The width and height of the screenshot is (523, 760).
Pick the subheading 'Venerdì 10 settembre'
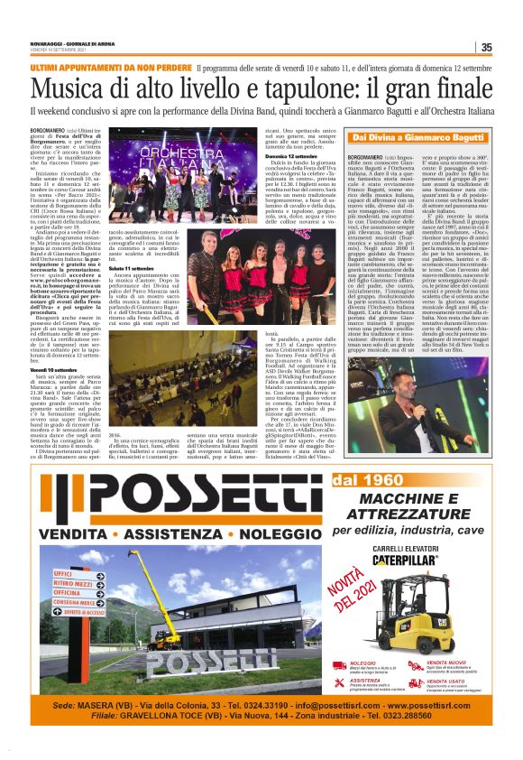click(x=55, y=369)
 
